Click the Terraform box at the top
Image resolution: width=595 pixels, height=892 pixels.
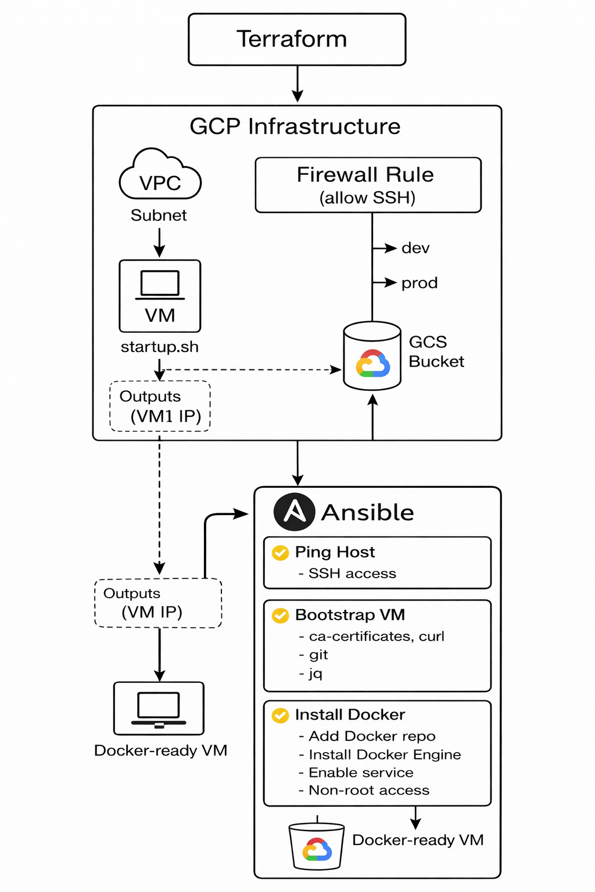coord(297,39)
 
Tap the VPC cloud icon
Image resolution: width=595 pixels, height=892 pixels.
coord(160,177)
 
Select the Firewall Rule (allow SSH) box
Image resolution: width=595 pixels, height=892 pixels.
coord(368,185)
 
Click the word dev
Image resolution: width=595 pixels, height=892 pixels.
coord(415,249)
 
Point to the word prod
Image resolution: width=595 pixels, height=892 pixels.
coord(419,283)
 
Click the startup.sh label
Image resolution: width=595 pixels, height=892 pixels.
coord(159,347)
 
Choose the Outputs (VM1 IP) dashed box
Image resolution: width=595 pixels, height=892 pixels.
coord(160,406)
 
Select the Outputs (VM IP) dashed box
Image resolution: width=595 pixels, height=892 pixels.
coord(158,603)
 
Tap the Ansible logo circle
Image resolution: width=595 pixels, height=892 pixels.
coord(295,512)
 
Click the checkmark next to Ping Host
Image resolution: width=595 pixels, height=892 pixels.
coord(281,553)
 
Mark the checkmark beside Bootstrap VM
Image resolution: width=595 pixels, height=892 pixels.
coord(281,616)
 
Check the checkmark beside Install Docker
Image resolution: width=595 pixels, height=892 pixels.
coord(281,715)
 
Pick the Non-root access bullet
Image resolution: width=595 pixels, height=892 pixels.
coord(368,790)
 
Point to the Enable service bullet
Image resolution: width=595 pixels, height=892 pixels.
coord(360,773)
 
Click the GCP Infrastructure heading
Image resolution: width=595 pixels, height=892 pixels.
coord(295,127)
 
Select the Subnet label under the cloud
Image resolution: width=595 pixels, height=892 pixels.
coord(159,215)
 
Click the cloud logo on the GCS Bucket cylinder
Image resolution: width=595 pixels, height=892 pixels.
coord(372,364)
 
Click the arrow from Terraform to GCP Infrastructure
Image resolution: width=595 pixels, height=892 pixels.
coord(297,84)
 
